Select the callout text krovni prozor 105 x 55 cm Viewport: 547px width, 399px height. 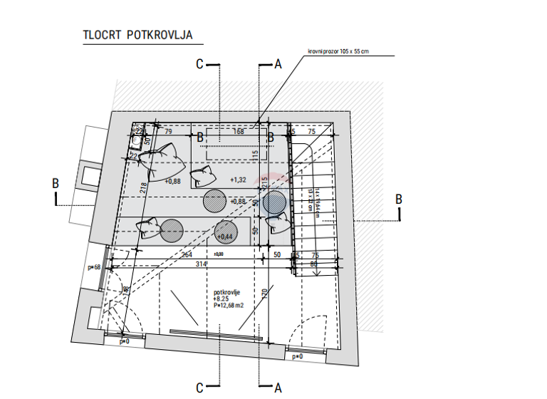[x=338, y=52]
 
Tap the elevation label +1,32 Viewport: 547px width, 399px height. [x=238, y=180]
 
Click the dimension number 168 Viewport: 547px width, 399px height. [x=239, y=131]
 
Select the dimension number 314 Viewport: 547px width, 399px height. [x=202, y=264]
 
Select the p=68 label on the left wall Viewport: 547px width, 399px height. [x=93, y=267]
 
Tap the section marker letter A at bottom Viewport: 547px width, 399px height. [x=278, y=388]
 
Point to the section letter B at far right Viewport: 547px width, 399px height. [x=399, y=198]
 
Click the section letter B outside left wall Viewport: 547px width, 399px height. [x=56, y=183]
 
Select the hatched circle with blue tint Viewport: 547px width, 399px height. [x=275, y=202]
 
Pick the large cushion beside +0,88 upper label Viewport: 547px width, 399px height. [x=163, y=162]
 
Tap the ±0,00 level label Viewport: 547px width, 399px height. [x=219, y=254]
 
